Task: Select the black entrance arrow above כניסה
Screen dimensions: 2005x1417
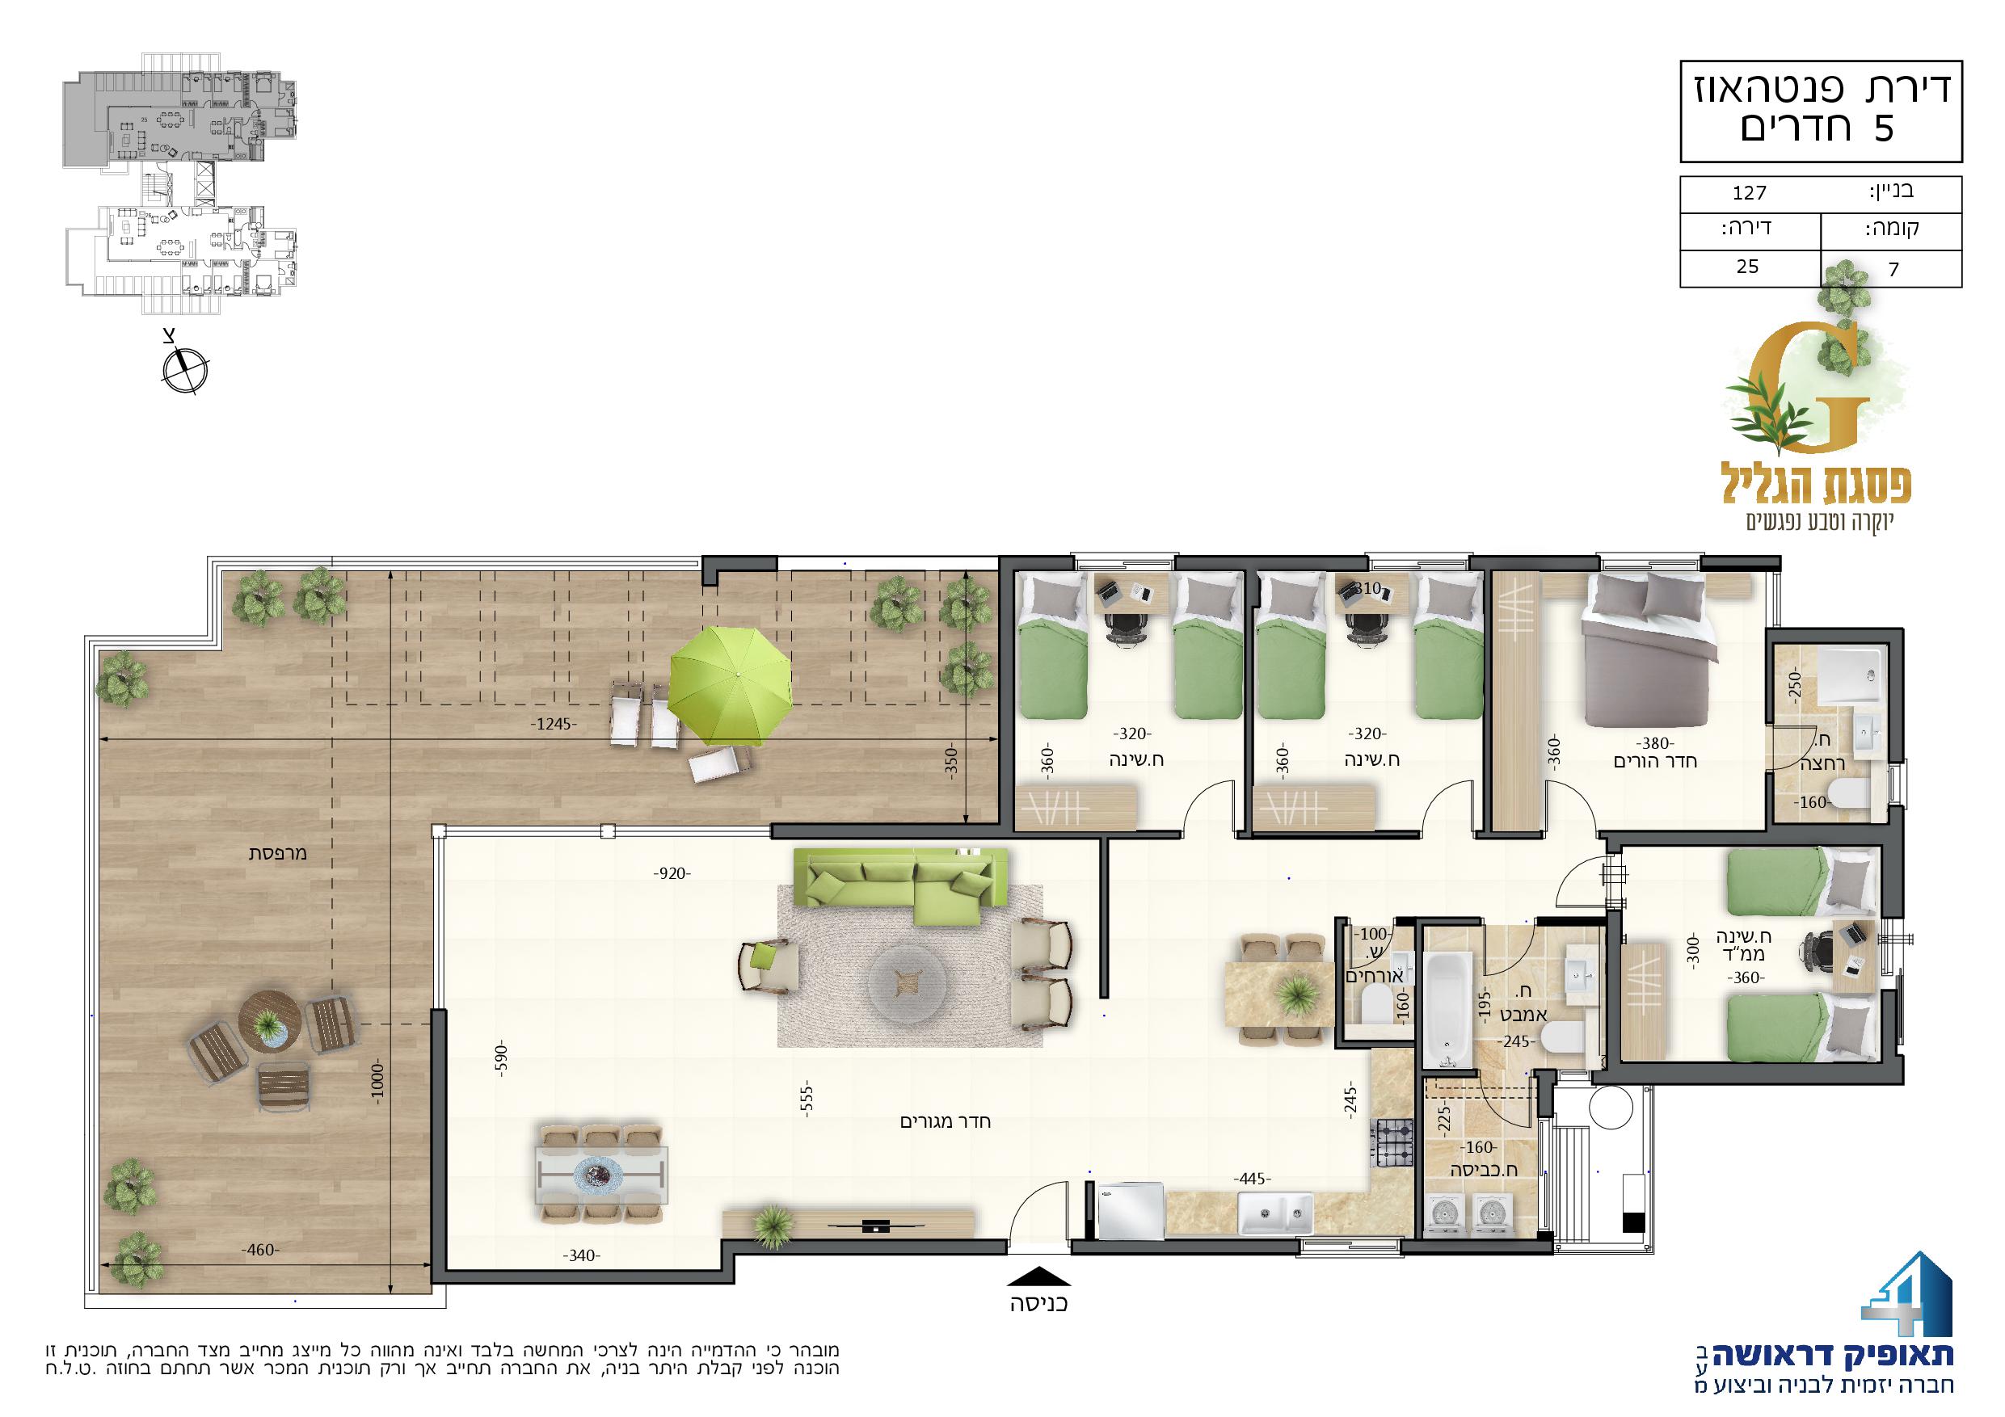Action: click(1038, 1277)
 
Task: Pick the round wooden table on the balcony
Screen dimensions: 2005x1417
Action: click(272, 1020)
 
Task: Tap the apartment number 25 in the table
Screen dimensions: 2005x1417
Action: click(1747, 267)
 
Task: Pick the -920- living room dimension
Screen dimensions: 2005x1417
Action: click(672, 873)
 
